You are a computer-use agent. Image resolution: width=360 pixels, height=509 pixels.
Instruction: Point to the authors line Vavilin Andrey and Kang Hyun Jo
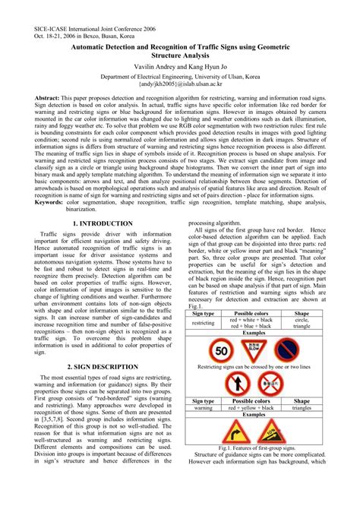(x=179, y=67)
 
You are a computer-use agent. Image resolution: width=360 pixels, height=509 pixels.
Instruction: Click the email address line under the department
(x=179, y=86)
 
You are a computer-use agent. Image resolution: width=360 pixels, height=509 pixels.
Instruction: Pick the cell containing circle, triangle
(x=302, y=323)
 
